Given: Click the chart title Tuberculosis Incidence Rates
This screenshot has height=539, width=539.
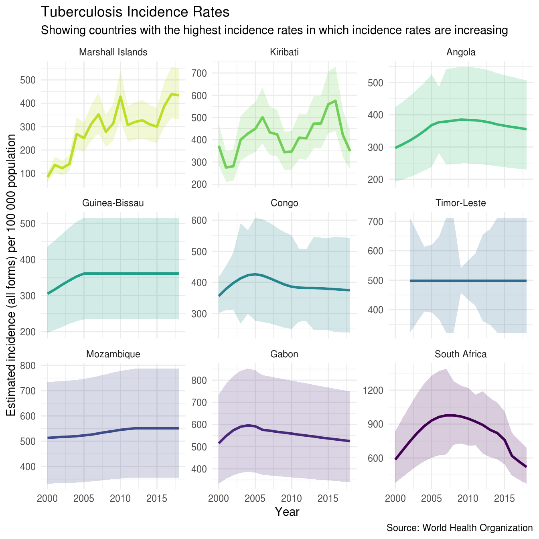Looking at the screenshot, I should [x=135, y=12].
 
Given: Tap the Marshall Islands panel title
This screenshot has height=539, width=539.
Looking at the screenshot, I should [x=113, y=52].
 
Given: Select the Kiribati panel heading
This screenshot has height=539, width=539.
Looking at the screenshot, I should [x=284, y=52].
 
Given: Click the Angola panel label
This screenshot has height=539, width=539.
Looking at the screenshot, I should [x=461, y=52].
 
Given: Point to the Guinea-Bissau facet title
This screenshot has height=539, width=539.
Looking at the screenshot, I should [x=113, y=203].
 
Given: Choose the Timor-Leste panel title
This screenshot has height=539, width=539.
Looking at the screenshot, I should [x=461, y=203].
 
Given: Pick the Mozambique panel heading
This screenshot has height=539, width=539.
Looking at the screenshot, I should [x=113, y=354].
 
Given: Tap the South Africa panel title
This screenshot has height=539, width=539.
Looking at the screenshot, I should [x=461, y=354].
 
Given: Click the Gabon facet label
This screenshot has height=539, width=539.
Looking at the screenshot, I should [x=284, y=354].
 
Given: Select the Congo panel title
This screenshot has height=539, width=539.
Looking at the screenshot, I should [x=284, y=203].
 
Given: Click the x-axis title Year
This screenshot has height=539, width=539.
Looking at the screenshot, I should [x=287, y=512].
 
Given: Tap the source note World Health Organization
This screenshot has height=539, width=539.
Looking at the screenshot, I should [x=460, y=528].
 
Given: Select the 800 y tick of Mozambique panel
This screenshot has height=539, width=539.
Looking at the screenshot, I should [x=28, y=366].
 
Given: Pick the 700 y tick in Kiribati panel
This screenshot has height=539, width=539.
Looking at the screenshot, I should [x=199, y=73].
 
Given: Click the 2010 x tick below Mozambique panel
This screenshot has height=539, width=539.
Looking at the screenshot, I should [x=120, y=499].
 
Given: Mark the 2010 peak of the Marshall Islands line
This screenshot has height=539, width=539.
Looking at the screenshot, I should [x=120, y=97].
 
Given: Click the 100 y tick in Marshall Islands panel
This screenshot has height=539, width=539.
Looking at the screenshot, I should [x=28, y=174].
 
